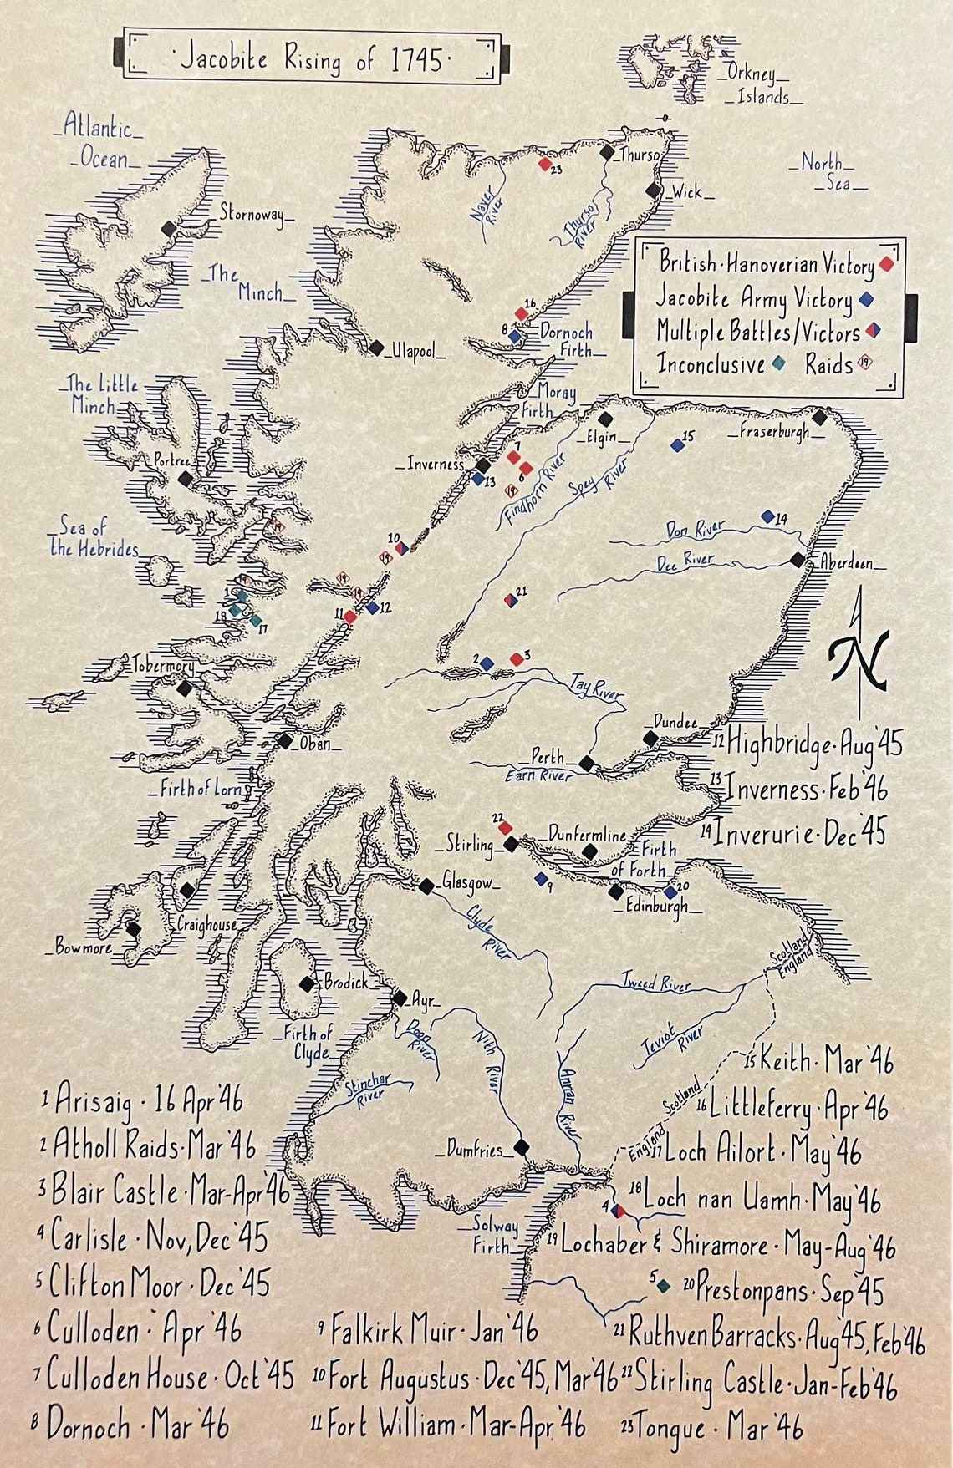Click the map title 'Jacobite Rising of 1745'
point(312,58)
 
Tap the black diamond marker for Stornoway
point(170,227)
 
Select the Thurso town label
point(640,155)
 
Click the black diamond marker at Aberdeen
point(798,559)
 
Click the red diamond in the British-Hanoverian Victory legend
point(886,265)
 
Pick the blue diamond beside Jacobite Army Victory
point(867,299)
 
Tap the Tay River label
point(597,688)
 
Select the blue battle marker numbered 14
point(767,517)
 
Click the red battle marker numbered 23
point(545,165)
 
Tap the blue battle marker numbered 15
point(677,445)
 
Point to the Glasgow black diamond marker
point(427,886)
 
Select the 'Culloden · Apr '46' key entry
point(143,1328)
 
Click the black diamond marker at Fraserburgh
point(819,416)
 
